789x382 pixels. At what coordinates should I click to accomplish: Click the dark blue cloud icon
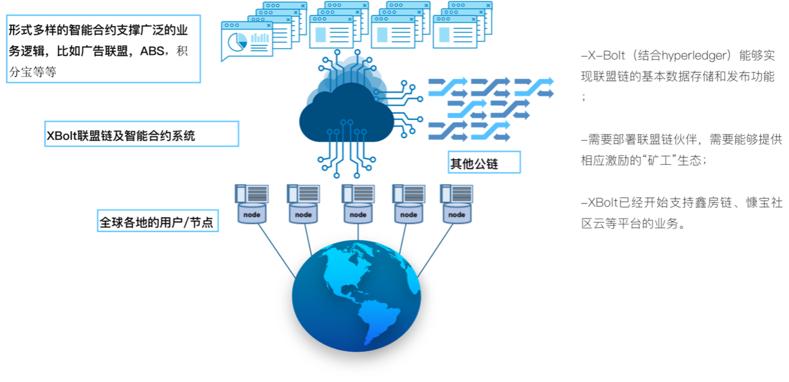pos(346,114)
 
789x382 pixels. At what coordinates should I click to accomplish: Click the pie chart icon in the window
pos(238,42)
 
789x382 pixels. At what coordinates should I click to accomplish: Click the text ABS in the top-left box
pos(153,51)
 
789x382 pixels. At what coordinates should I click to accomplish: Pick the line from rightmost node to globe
pos(438,249)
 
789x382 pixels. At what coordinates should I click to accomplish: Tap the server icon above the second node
pos(303,193)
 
